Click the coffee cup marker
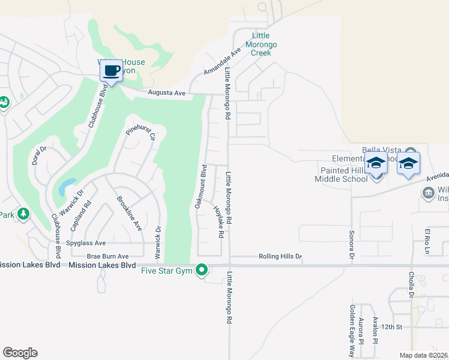pyautogui.click(x=111, y=71)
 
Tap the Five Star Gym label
pyautogui.click(x=169, y=270)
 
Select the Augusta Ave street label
pyautogui.click(x=167, y=93)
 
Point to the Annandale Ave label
pyautogui.click(x=221, y=62)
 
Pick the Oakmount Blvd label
pyautogui.click(x=200, y=186)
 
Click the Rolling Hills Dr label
pyautogui.click(x=280, y=257)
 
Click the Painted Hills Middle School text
pyautogui.click(x=343, y=175)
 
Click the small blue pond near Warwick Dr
pyautogui.click(x=67, y=187)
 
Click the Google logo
pyautogui.click(x=20, y=353)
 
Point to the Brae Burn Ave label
pyautogui.click(x=108, y=256)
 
